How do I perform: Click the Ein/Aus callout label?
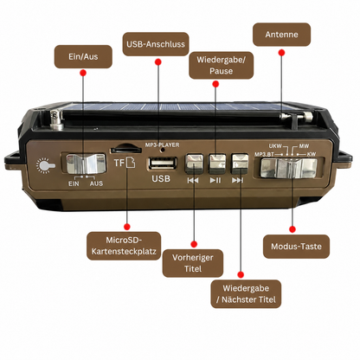[83, 56]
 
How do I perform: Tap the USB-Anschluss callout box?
[156, 44]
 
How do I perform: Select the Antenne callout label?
[281, 35]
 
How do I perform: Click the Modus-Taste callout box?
[296, 247]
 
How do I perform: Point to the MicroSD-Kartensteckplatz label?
[124, 246]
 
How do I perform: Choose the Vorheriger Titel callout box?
[193, 263]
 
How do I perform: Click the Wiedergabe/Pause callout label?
[222, 65]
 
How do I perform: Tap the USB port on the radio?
[163, 164]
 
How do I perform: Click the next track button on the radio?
[240, 164]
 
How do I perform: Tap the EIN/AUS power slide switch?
[86, 164]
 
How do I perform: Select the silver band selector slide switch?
[288, 168]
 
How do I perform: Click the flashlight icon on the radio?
[45, 166]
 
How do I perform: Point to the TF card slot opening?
[125, 150]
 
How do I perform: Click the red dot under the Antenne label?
[282, 53]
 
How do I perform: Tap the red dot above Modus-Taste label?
[292, 229]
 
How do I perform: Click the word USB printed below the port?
[161, 179]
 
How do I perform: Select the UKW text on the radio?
[275, 146]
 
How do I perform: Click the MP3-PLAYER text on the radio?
[162, 145]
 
